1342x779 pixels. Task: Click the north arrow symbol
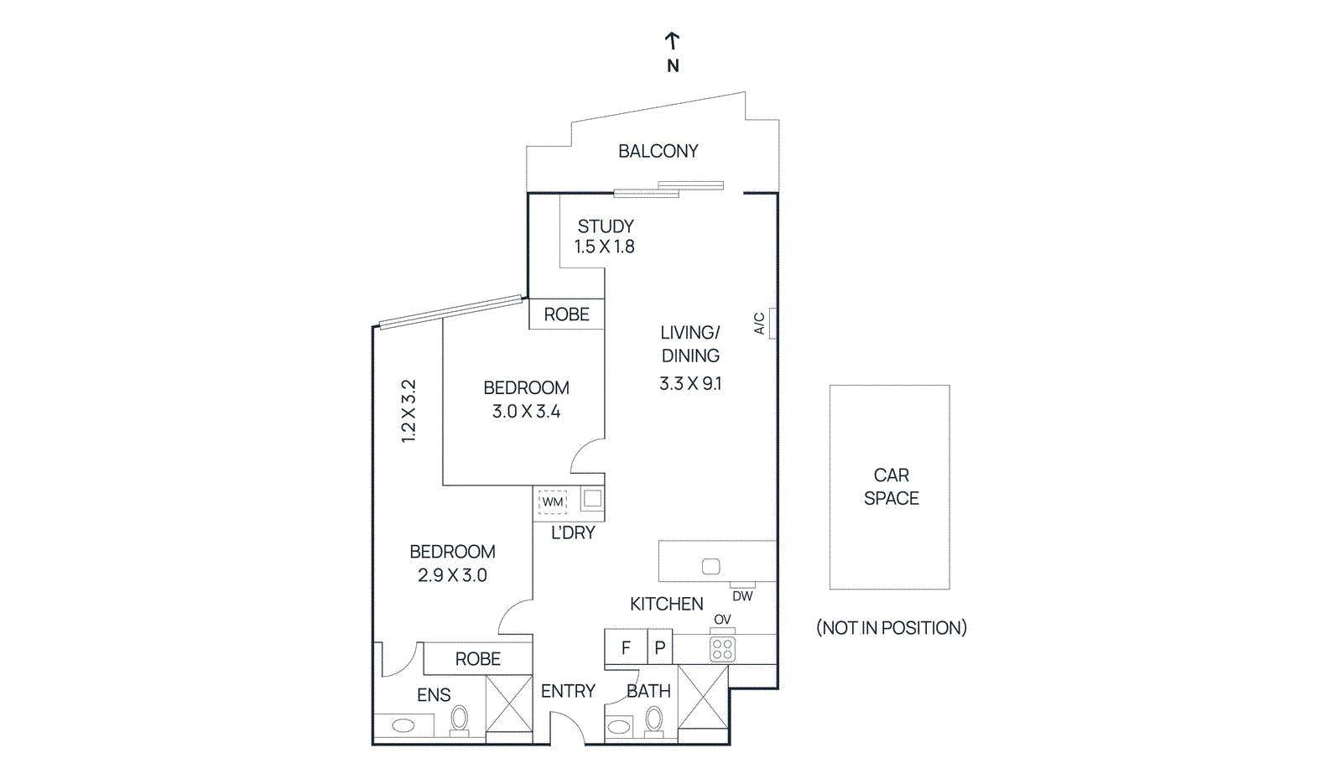672,41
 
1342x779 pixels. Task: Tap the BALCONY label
658,151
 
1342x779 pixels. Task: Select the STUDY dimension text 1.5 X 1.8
604,247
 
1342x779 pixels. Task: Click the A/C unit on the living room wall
772,324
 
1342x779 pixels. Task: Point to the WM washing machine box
553,501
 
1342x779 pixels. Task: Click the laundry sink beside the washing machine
592,498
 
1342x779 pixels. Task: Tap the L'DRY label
573,532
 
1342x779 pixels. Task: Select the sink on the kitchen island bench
710,567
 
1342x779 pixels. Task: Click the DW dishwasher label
742,596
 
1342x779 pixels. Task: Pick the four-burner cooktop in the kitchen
722,648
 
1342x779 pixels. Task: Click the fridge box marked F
626,647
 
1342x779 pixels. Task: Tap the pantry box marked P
660,647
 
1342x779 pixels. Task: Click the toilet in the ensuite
459,719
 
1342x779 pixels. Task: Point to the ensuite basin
403,725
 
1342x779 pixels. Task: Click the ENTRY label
568,691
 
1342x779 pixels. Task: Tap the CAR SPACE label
891,486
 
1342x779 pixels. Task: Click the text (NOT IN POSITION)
891,627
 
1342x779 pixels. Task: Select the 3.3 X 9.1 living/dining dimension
689,384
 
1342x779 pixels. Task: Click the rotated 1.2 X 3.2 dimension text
408,411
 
